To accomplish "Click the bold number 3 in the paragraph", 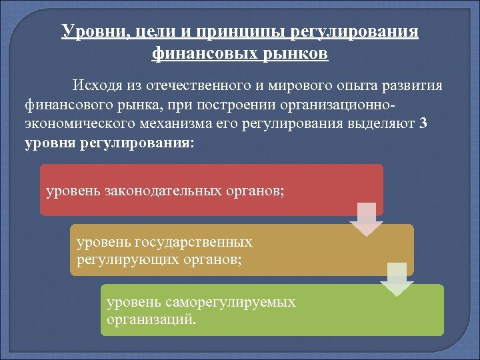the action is point(424,123).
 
